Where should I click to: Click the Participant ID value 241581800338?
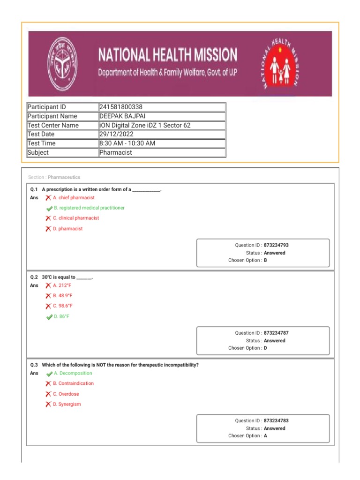[121, 107]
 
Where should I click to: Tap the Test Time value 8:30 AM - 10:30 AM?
[127, 143]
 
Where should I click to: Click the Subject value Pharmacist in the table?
[116, 153]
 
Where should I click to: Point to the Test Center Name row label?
[53, 126]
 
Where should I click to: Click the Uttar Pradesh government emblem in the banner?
[64, 64]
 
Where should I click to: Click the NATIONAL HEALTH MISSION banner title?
[167, 55]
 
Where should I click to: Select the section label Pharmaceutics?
[64, 178]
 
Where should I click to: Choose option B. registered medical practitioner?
[89, 208]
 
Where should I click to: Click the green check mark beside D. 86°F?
[49, 317]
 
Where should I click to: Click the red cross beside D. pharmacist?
[48, 229]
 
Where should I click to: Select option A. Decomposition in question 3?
[73, 374]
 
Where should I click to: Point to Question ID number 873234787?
[279, 333]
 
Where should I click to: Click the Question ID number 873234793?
[279, 245]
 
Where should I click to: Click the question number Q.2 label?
[34, 277]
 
